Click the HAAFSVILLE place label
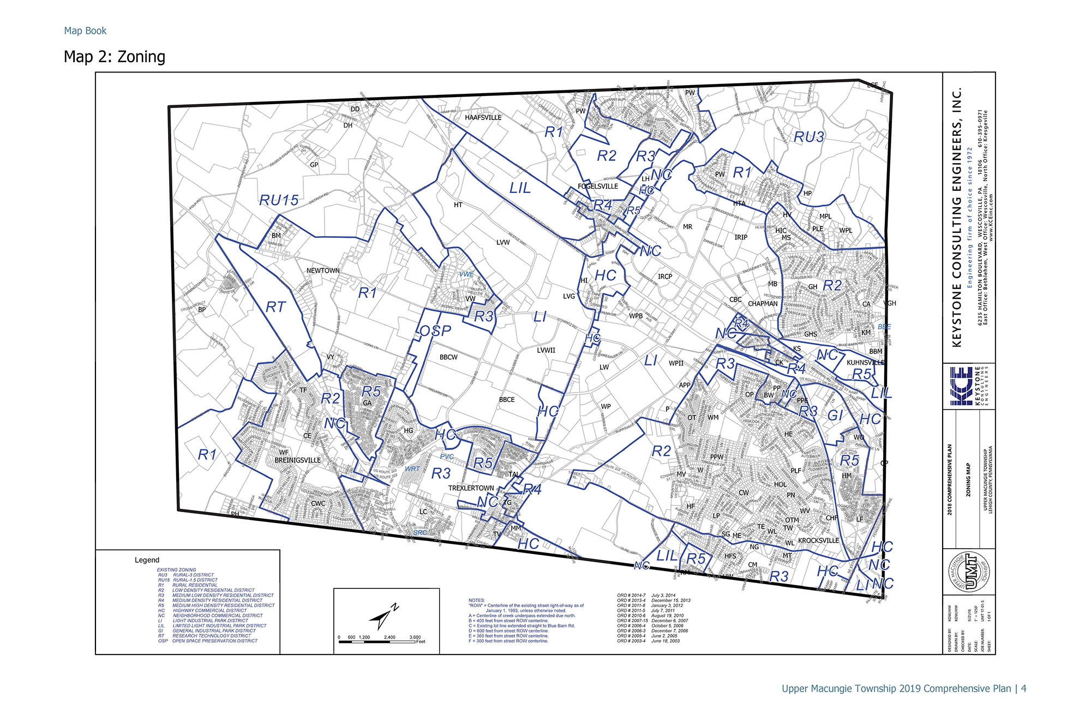(483, 117)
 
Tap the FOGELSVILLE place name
(598, 186)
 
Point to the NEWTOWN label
(323, 271)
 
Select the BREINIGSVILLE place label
(297, 460)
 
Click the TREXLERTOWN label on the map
(471, 488)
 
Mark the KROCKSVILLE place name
(818, 540)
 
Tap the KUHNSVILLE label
(865, 362)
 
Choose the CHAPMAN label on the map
(763, 304)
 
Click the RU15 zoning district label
(279, 200)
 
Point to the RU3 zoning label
(808, 137)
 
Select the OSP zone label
(435, 331)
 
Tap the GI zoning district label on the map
(835, 416)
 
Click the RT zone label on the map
(275, 308)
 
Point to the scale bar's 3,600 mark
(415, 637)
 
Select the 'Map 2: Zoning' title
(115, 57)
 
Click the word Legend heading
(147, 560)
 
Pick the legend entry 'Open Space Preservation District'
(214, 641)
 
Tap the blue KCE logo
(961, 386)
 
